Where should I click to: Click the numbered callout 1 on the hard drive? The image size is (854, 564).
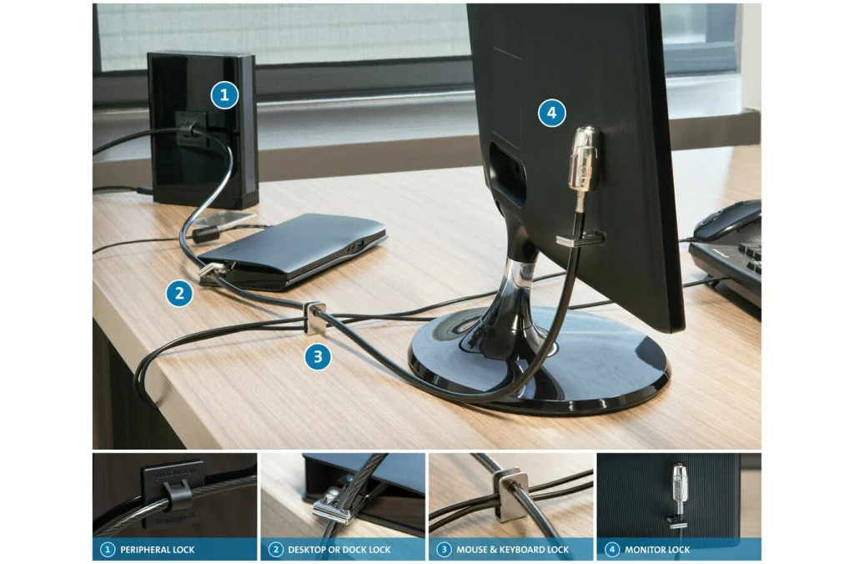point(224,95)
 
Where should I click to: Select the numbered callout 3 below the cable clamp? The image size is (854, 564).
point(317,358)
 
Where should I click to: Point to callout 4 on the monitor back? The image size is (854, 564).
point(551,113)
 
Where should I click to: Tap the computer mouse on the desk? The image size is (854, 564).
point(727,219)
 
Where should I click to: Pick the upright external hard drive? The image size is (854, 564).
point(203,129)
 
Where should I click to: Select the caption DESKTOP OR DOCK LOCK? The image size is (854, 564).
point(339,550)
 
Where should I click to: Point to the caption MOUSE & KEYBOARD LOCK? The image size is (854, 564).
point(510,550)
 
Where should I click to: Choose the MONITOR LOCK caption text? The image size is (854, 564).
point(657,550)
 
